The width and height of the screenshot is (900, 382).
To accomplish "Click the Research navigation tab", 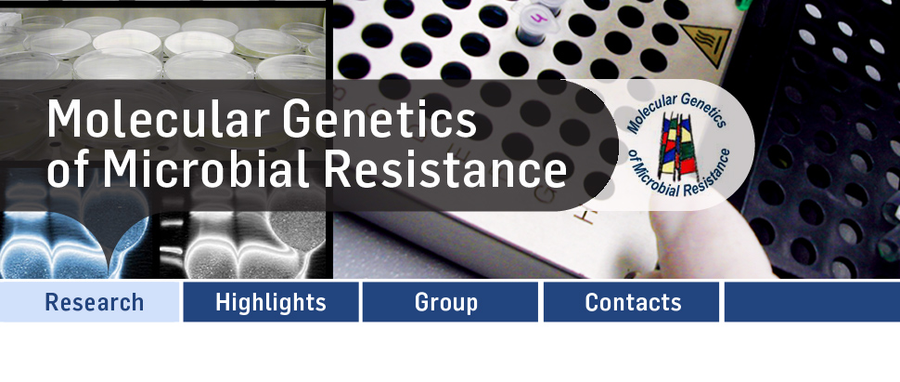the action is tap(90, 302).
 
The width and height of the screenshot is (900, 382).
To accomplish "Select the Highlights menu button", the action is tap(271, 302).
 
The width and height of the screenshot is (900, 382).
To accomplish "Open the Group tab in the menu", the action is tap(450, 302).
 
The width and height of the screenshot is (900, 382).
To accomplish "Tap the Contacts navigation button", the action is tap(631, 302).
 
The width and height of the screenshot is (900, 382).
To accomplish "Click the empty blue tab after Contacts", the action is tap(812, 302).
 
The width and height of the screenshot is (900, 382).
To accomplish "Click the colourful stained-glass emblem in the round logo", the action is tap(679, 147).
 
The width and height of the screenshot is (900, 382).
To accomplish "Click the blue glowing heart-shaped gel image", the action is tap(74, 242).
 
